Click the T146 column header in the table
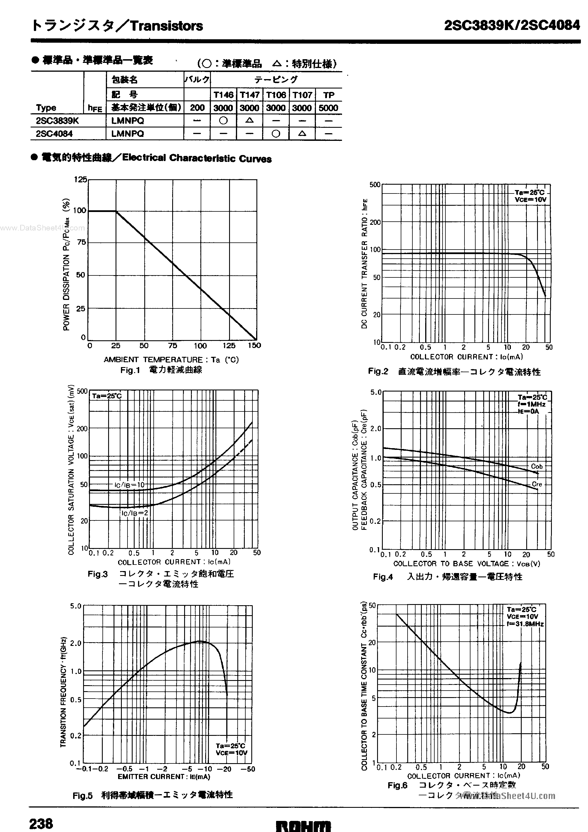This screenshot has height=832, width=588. [223, 95]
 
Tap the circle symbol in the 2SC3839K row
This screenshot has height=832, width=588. [223, 120]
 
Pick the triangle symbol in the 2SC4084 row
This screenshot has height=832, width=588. [302, 133]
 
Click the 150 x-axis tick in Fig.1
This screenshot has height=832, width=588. [254, 346]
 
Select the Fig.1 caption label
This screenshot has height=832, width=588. [130, 370]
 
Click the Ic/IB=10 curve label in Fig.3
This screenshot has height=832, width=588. [129, 485]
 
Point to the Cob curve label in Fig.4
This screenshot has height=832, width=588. [536, 466]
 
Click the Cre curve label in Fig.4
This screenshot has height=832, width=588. [536, 484]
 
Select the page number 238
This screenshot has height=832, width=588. [41, 824]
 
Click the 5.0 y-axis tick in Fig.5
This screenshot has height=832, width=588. [76, 606]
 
